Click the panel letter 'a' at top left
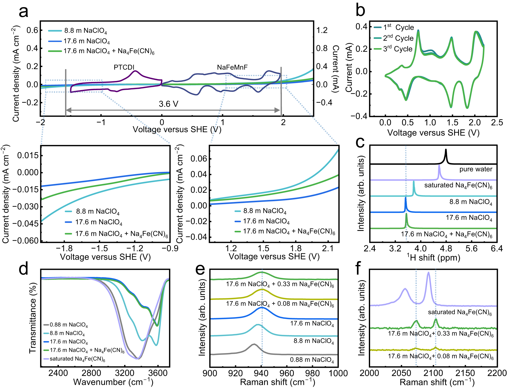pos(23,12)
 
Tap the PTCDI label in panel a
pos(124,67)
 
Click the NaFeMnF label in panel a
pos(232,67)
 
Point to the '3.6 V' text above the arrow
pos(168,104)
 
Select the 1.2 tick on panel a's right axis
pos(322,30)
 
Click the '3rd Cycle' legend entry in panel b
pos(397,49)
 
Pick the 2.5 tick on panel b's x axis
pos(497,122)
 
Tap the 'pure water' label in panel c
pos(476,169)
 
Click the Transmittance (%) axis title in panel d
pos(33,318)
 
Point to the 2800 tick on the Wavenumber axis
pos(91,373)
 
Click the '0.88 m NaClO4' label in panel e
pos(312,360)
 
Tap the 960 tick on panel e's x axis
pos(287,373)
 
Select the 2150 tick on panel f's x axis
pos(465,373)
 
